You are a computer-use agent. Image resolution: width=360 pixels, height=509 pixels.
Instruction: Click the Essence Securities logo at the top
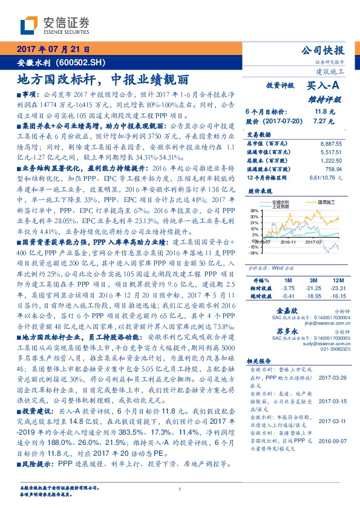click(x=54, y=25)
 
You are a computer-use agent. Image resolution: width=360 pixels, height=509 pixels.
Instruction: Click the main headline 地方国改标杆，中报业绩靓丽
click(x=102, y=79)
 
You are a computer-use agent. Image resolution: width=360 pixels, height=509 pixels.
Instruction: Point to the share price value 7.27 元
click(x=321, y=121)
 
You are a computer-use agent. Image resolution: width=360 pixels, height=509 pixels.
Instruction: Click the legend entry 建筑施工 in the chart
click(x=309, y=201)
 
